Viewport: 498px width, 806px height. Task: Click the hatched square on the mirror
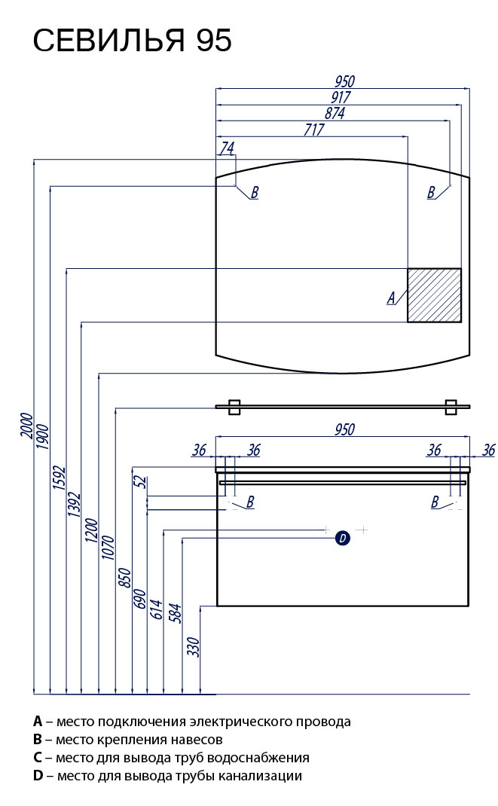(x=434, y=295)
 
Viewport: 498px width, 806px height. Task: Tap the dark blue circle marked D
(x=342, y=538)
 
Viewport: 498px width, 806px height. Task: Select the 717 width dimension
(x=313, y=130)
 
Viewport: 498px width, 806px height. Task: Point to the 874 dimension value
(x=335, y=113)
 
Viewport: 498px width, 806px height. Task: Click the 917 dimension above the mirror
(x=341, y=97)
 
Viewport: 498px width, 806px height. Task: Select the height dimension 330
(x=193, y=647)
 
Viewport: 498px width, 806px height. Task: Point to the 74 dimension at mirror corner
(x=227, y=148)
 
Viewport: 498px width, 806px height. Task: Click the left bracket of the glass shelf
(x=234, y=406)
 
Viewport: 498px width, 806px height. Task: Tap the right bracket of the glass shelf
(x=451, y=406)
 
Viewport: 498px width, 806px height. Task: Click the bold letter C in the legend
(x=37, y=758)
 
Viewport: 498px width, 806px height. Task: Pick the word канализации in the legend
(x=264, y=776)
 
